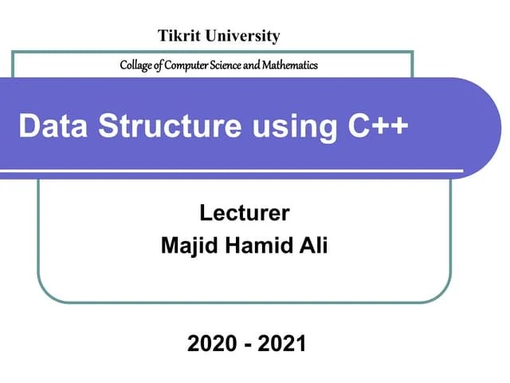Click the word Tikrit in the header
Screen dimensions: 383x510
pos(176,36)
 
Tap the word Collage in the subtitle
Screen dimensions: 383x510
pos(134,65)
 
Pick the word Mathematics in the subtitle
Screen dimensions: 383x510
pos(289,65)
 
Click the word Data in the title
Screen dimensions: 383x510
pos(47,126)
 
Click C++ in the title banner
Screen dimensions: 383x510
pos(375,126)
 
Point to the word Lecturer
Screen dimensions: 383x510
pos(245,214)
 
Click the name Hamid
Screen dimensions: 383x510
pos(255,245)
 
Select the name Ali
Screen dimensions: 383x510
pos(312,245)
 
